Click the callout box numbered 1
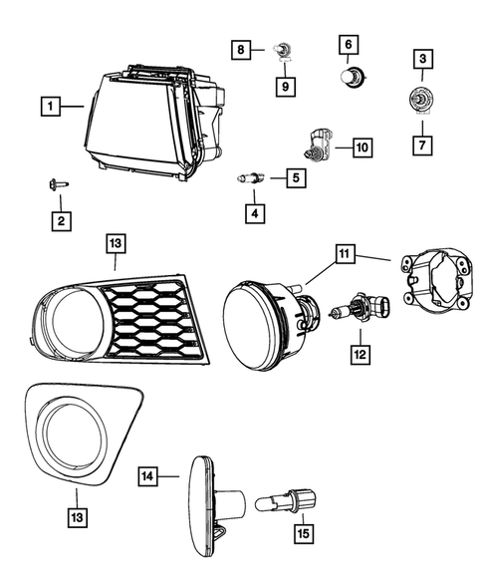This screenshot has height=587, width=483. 48,103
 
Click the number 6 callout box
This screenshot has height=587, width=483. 349,45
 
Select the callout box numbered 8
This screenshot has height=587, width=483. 240,48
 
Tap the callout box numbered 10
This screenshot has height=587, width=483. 359,148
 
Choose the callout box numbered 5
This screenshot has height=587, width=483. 295,178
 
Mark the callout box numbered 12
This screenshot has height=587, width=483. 358,352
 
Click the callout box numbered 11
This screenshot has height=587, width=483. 344,255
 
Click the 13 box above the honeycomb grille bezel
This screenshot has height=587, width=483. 116,242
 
